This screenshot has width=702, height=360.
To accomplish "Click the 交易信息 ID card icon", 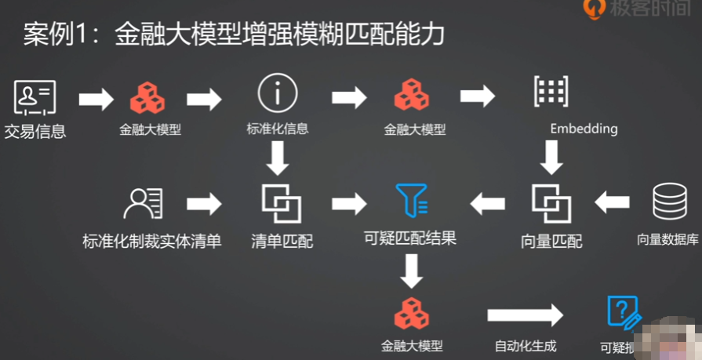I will click(x=35, y=97).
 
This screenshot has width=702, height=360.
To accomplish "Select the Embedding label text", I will click(x=583, y=128).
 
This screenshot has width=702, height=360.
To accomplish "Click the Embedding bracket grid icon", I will click(x=550, y=93).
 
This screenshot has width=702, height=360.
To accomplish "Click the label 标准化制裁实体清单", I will click(x=151, y=241).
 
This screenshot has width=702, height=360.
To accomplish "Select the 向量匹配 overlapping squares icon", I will click(x=551, y=203).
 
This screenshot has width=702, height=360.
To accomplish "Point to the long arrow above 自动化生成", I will click(x=525, y=315).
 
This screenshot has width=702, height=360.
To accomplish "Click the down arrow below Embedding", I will click(x=551, y=160).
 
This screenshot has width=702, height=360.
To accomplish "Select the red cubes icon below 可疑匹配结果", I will click(x=411, y=313).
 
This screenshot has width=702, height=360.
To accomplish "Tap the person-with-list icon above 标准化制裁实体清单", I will click(x=144, y=203).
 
